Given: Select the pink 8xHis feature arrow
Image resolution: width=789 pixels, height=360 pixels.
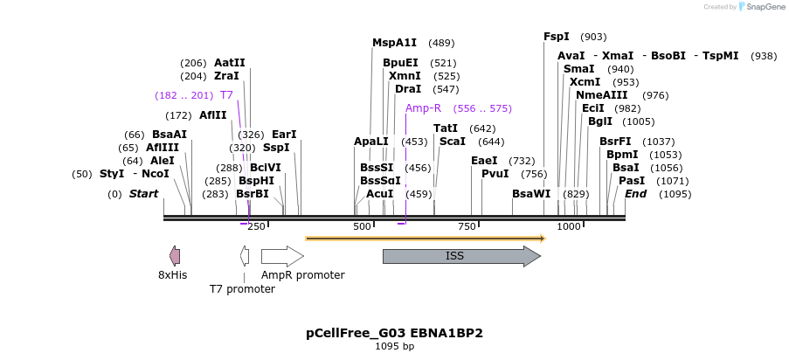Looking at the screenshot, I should click(175, 256).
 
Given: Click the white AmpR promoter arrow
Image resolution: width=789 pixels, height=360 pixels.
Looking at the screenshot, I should click(282, 256).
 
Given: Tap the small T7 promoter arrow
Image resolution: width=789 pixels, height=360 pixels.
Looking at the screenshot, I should click(245, 256).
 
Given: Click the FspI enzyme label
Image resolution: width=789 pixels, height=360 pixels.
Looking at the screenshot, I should click(557, 37).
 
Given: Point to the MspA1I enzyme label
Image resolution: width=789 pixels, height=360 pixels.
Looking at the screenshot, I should click(395, 43).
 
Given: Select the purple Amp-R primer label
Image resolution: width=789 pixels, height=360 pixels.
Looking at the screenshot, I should click(424, 108).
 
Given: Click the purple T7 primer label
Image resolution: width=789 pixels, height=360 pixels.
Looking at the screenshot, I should click(226, 94).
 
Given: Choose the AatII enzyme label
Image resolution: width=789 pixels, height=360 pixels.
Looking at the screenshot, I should click(230, 63).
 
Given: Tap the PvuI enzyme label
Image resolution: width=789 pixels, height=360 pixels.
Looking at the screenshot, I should click(495, 173).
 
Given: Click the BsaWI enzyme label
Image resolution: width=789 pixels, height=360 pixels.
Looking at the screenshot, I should click(531, 193).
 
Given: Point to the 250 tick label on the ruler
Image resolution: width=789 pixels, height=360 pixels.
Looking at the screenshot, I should click(256, 227).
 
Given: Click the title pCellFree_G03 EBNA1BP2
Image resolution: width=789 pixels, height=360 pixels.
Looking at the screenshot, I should click(394, 333).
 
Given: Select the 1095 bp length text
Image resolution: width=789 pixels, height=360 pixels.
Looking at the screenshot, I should click(394, 347).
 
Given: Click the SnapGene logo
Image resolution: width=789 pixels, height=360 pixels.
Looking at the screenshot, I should click(758, 7).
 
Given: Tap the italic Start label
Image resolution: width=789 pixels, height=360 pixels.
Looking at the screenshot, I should click(144, 193).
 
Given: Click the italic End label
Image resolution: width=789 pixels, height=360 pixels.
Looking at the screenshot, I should click(635, 193).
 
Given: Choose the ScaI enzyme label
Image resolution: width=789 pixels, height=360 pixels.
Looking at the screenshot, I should click(453, 141).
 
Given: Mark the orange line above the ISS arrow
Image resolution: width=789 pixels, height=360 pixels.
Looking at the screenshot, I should click(426, 238).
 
